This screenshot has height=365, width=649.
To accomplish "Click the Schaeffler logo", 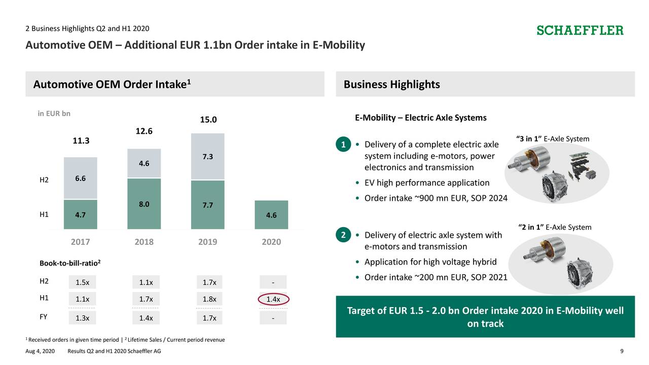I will pos(580,30).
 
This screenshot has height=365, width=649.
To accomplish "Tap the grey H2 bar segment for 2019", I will pos(207,157).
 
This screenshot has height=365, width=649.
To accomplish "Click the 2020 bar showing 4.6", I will pos(271,215).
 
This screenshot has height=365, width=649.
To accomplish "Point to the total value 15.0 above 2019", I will pos(208,120).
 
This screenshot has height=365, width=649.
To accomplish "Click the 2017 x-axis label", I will pos(80,242).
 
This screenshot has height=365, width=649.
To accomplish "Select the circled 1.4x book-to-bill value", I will pos(273,299).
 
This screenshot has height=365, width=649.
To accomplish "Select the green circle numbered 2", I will pos(343,235).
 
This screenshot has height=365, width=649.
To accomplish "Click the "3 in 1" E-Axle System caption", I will pos(552,139).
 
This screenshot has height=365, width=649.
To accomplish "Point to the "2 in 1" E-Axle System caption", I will pos(555,227).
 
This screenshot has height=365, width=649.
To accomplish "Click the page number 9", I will pos(622,352).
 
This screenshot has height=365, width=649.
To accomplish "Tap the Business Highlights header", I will pos(391,85).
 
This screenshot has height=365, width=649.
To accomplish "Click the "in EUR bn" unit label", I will pos(54,114).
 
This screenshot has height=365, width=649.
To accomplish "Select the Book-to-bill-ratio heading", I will pos(70,263).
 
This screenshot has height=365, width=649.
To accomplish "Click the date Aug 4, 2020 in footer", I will pos(41,352).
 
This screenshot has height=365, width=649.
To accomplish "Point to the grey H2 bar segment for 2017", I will pos(80,178).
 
